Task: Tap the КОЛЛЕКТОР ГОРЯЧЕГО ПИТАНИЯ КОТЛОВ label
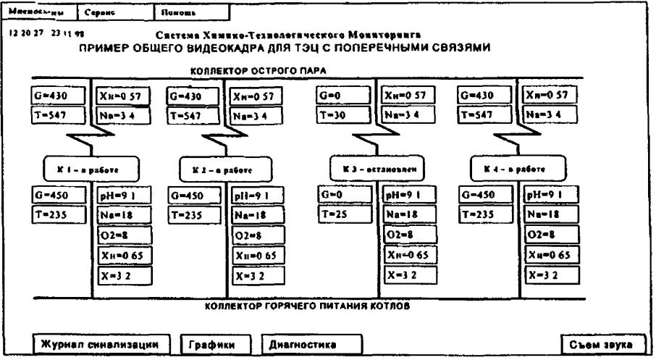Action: point(308,307)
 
